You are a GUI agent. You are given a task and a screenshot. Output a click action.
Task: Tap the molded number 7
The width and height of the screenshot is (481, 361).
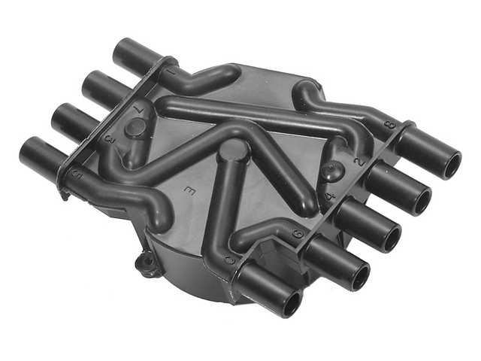[138, 110]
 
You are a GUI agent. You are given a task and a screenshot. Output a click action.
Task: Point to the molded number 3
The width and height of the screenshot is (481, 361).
[109, 138]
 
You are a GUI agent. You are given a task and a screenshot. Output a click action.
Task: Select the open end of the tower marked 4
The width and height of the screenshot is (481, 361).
[391, 238]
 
